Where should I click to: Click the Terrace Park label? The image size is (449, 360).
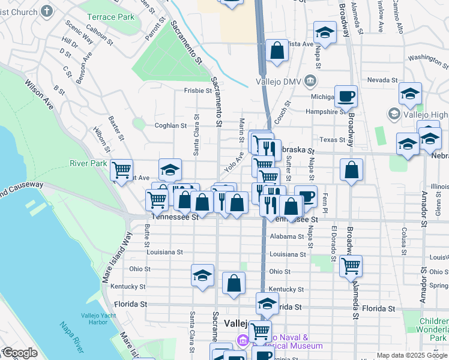click(110, 17)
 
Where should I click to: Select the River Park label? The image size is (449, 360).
click(88, 163)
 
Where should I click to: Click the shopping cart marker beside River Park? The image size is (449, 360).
click(122, 170)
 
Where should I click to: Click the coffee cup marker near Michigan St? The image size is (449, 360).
click(345, 95)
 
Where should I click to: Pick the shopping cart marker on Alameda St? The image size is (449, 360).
click(351, 265)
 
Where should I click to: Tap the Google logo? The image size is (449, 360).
click(19, 353)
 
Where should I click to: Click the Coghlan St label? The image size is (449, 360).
click(170, 125)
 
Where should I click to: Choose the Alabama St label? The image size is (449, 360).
click(286, 236)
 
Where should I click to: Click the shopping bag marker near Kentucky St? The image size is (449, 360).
click(234, 283)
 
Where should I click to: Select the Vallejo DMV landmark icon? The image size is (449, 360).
click(310, 80)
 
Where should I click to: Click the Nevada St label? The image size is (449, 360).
click(379, 80)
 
